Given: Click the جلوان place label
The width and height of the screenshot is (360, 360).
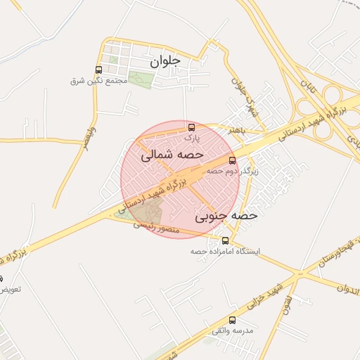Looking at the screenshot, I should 165,61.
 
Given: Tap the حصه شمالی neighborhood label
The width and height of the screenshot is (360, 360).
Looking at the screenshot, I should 172,154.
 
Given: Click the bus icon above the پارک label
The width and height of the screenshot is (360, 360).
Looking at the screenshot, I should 191,127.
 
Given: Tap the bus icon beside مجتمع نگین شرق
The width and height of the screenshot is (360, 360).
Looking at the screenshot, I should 98,70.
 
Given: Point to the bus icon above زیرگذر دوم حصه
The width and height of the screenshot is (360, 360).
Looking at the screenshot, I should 233,160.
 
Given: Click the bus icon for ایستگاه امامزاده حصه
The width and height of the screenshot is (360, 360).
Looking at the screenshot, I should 225,241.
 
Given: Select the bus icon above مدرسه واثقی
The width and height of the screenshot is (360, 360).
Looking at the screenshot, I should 233,321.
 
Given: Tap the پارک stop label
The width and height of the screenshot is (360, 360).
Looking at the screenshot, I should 184,138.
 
